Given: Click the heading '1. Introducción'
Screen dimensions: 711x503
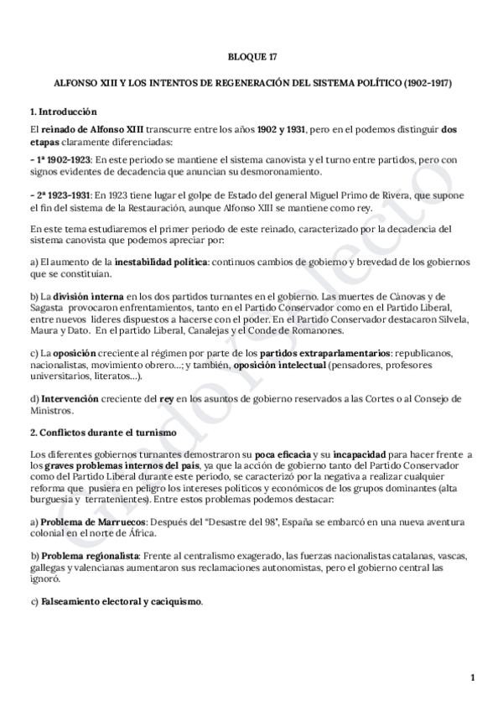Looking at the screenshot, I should (x=64, y=112).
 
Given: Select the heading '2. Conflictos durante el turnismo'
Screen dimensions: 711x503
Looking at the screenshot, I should (x=102, y=432).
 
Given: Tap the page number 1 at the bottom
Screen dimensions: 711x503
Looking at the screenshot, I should (x=473, y=677).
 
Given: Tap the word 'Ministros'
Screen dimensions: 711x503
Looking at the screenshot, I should (x=51, y=411).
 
